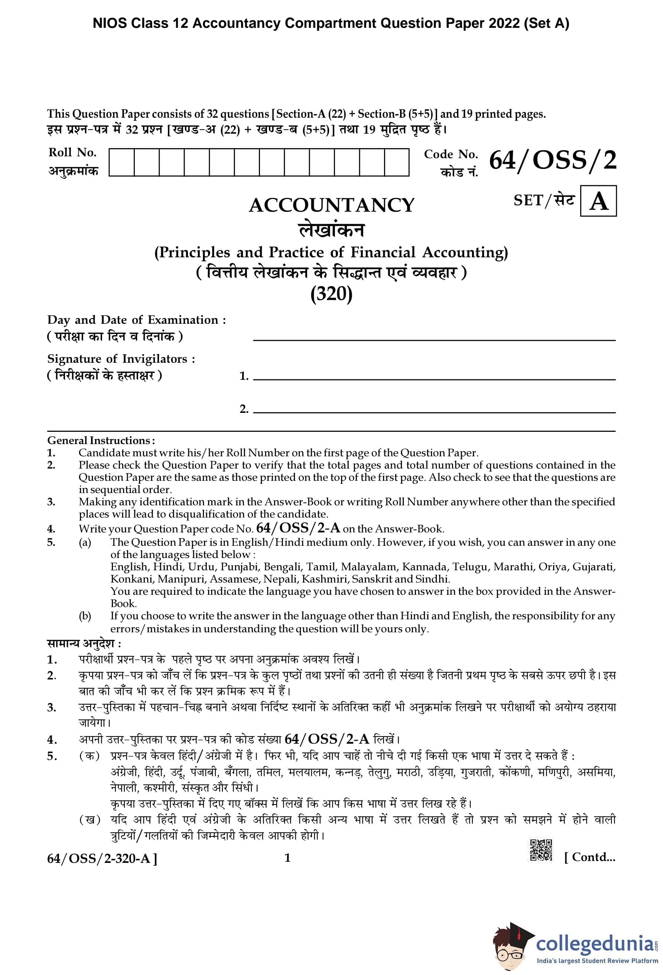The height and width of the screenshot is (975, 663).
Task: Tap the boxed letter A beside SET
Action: point(598,201)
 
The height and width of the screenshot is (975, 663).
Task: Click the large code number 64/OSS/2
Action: point(553,160)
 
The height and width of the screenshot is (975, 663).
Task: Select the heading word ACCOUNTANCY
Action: point(331,205)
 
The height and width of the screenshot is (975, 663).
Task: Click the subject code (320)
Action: point(331,294)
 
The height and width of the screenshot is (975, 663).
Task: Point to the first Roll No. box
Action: point(121,162)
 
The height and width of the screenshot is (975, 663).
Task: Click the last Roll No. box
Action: point(397,162)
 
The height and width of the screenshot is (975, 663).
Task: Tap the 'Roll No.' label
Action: point(72,152)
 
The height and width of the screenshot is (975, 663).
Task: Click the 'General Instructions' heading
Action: point(101,440)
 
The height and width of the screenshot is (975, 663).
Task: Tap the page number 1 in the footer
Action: point(287,858)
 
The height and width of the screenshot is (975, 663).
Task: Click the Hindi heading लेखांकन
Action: point(331,230)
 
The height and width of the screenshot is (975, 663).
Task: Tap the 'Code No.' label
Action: point(451,154)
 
